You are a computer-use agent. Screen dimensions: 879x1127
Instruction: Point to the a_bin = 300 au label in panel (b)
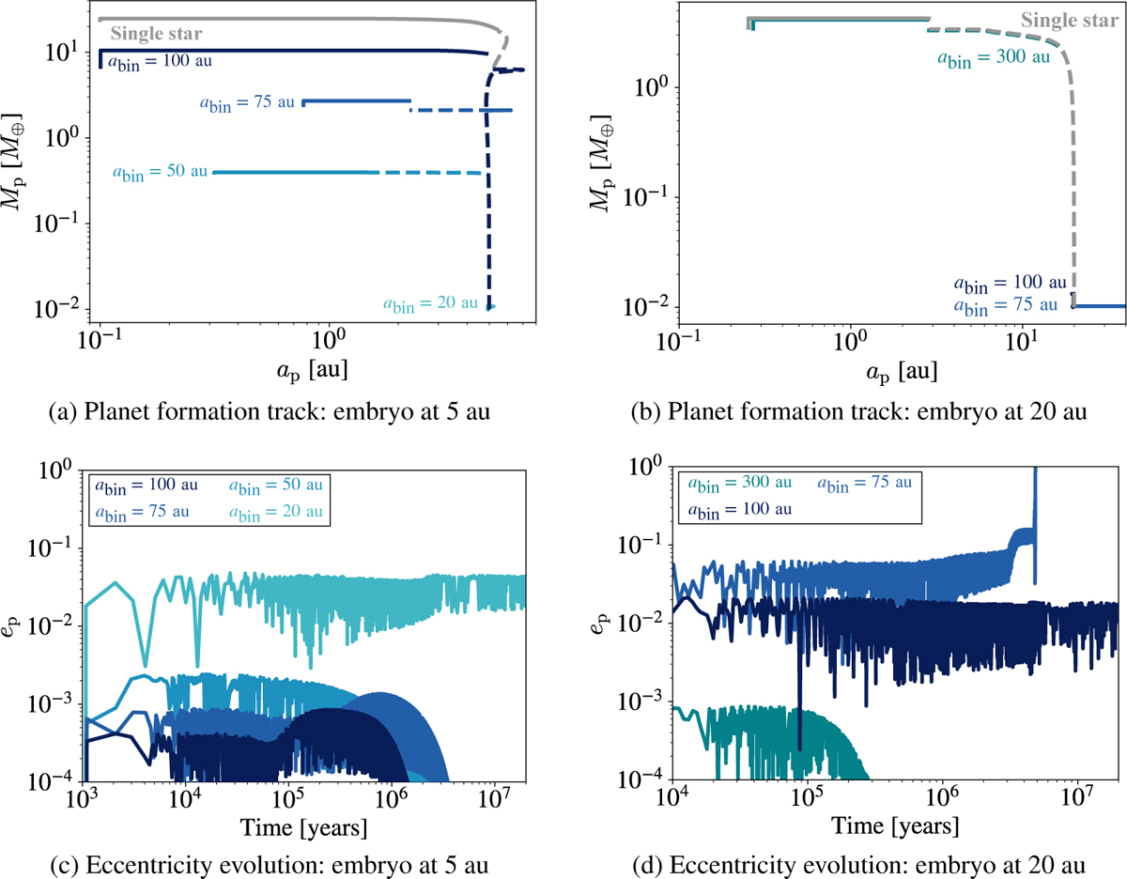(993, 56)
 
